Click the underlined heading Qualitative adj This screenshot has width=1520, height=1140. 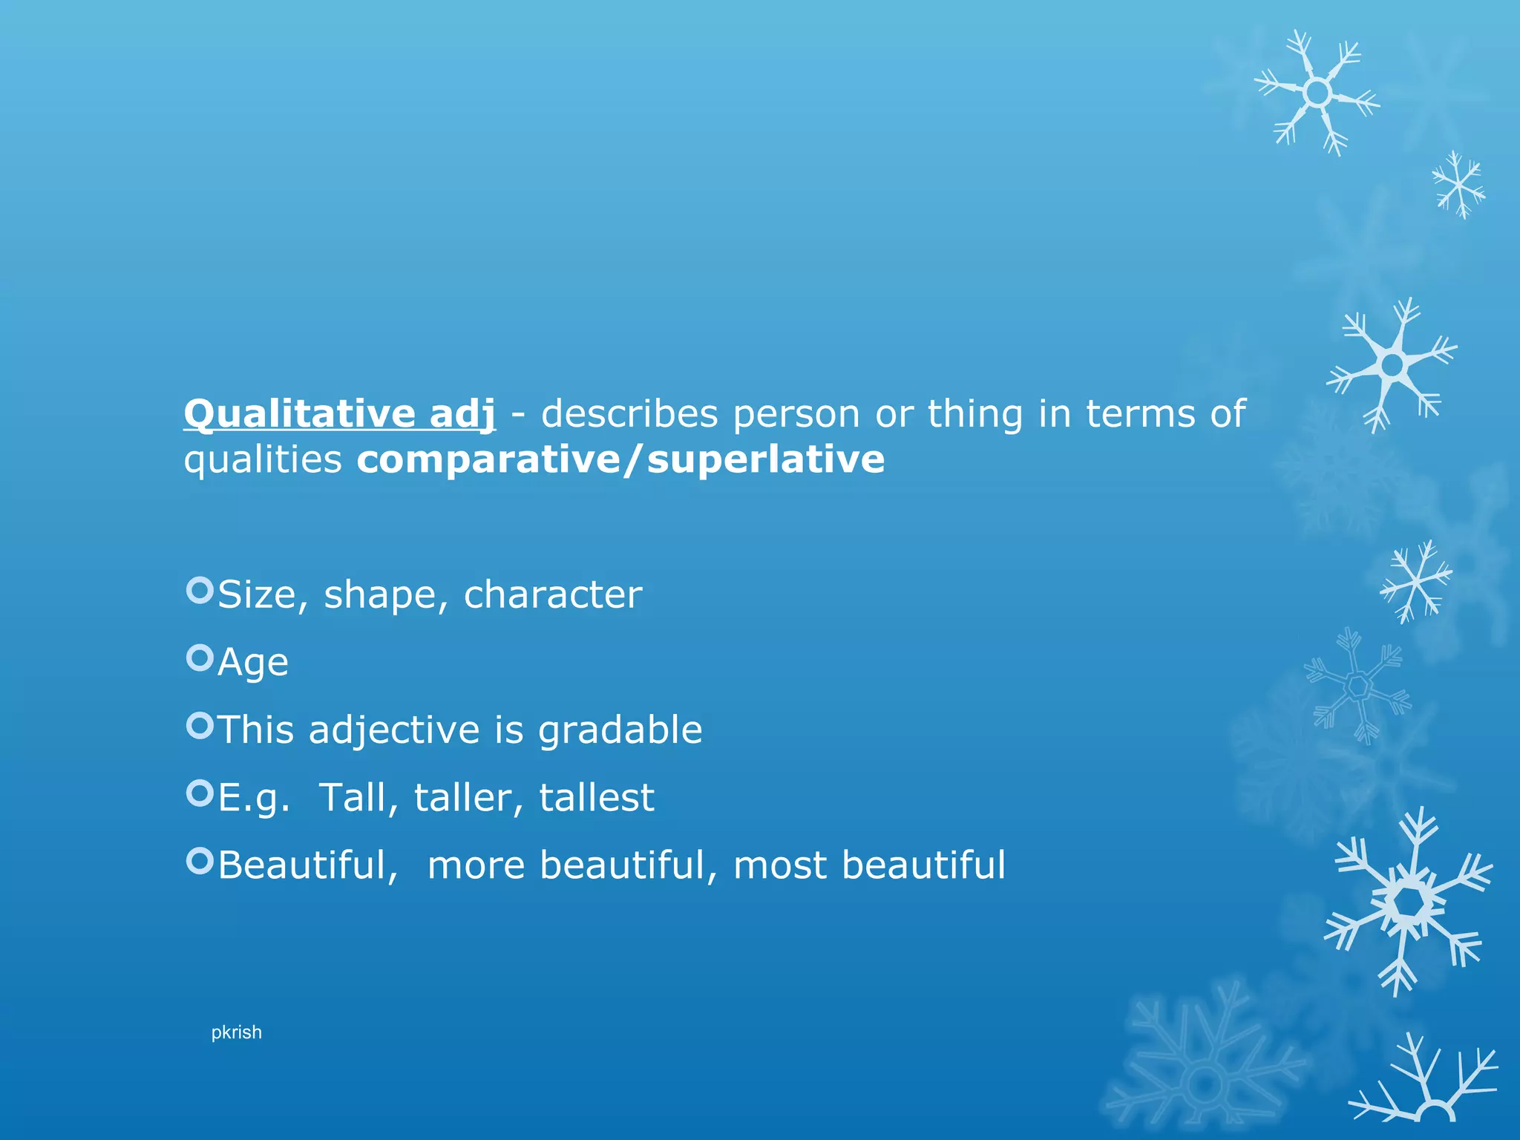pos(339,413)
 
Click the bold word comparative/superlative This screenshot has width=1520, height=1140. pos(620,459)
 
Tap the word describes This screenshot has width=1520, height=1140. pos(629,413)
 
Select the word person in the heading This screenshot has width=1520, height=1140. pos(796,415)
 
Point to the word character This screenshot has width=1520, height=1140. pos(553,594)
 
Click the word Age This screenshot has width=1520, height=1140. pos(253,663)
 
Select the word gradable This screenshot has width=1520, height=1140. pos(620,730)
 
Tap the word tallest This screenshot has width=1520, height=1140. pos(597,798)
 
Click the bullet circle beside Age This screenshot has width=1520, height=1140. pos(200,658)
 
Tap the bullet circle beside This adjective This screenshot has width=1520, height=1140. pos(200,725)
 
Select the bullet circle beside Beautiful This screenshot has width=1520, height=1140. pos(200,861)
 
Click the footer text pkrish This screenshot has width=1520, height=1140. pos(236,1032)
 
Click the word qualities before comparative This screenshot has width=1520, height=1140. pos(263,460)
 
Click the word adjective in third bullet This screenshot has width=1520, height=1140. pos(394,730)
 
